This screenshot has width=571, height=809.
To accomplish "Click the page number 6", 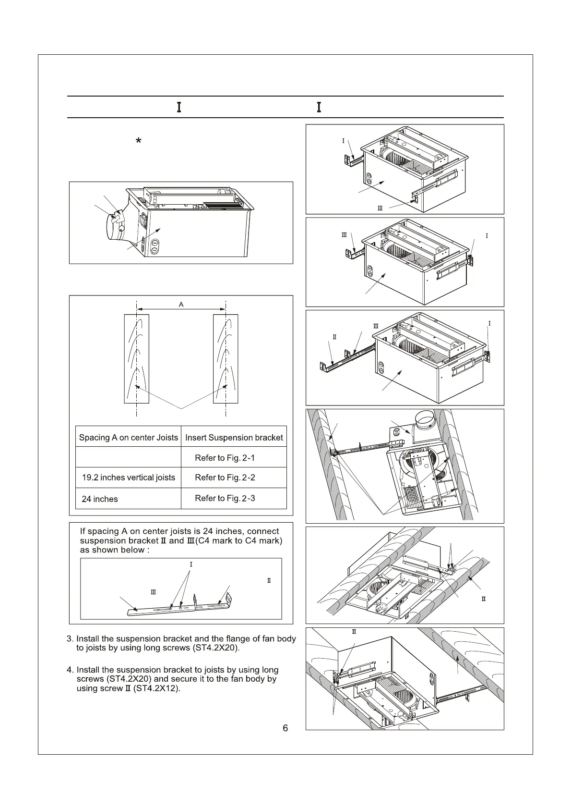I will tap(285, 728).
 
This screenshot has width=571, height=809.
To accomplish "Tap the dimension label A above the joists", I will tap(181, 304).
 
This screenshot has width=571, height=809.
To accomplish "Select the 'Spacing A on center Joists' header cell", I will tap(128, 438).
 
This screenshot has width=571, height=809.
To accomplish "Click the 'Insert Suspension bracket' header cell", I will tap(234, 438).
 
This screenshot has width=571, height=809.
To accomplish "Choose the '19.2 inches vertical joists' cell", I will tap(128, 478).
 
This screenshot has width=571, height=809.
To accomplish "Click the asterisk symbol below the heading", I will tap(138, 141).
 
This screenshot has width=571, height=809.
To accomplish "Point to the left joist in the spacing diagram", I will tap(137, 358).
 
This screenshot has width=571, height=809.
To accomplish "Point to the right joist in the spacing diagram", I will tap(226, 358).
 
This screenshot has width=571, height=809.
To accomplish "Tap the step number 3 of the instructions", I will tap(70, 639).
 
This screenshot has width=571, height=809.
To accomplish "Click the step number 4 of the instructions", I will tap(70, 670).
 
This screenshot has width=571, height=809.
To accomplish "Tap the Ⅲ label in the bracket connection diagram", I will tap(154, 592).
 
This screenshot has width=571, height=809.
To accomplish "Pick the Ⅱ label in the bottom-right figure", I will tap(354, 631).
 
